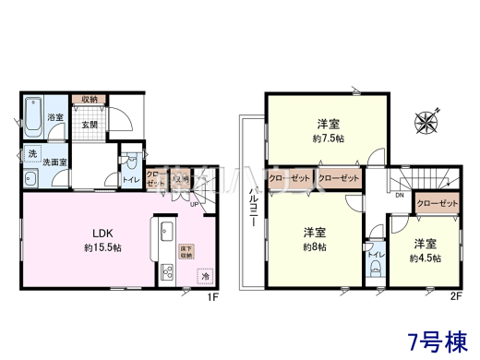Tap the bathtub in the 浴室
coord(33,115)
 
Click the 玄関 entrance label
coord(90,124)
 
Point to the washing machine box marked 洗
coord(32,151)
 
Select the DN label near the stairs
coord(399,195)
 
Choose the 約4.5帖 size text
coord(425,258)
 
